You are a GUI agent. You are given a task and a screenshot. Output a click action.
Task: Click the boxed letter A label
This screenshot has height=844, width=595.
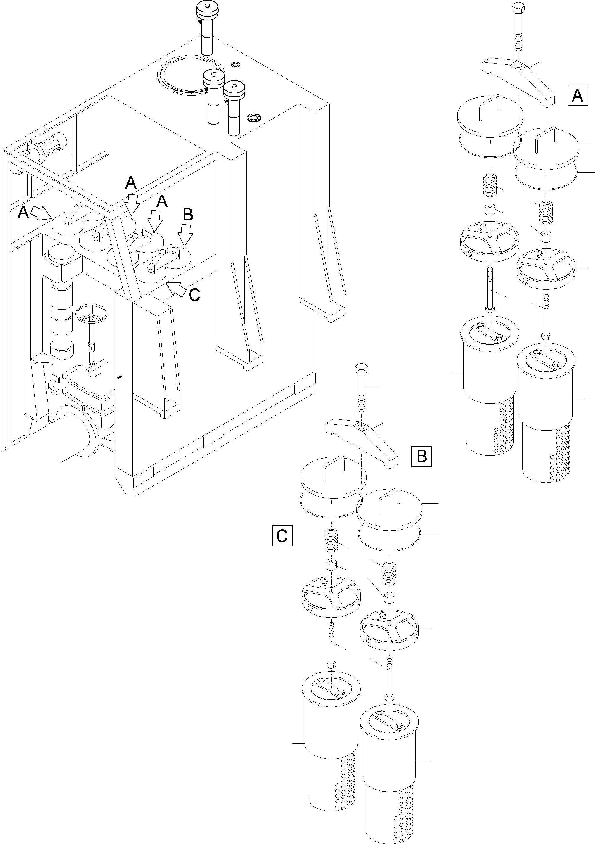coord(578,96)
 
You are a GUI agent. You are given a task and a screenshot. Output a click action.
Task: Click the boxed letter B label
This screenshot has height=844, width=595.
coord(421,456)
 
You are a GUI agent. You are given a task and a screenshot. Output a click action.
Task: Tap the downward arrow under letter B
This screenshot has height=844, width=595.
coord(185,236)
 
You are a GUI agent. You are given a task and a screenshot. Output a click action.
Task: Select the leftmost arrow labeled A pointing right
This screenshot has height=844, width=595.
coord(41,213)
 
